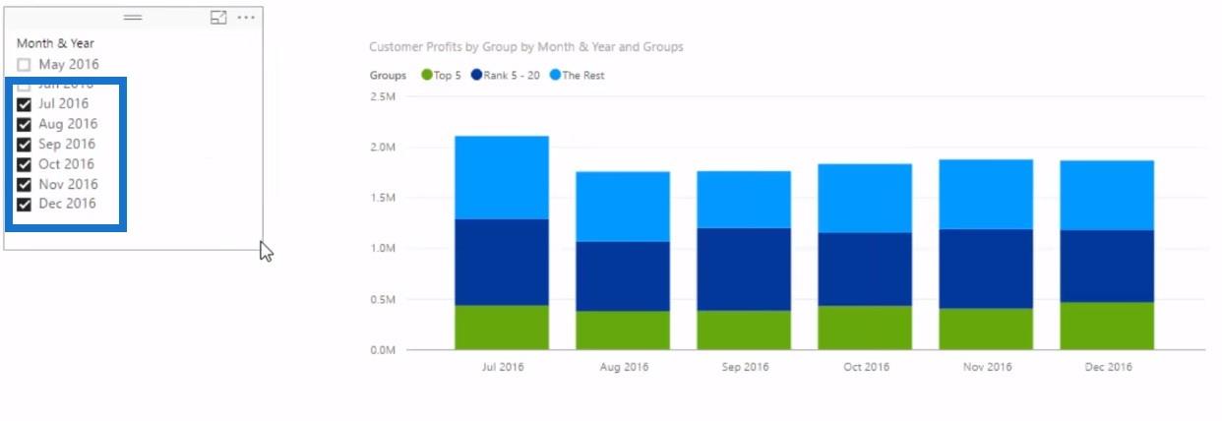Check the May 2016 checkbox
point(25,65)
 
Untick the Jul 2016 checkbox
point(25,104)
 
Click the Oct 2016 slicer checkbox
point(25,164)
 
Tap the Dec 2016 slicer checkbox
point(25,205)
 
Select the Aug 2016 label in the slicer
point(68,124)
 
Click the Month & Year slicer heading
point(55,43)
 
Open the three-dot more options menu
point(246,18)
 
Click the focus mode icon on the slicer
point(218,18)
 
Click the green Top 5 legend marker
point(426,75)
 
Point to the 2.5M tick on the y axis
point(383,96)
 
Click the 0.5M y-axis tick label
point(383,299)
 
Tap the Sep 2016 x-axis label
point(745,367)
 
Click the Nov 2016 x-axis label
point(987,367)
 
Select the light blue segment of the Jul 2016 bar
point(502,177)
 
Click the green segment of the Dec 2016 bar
point(1107,326)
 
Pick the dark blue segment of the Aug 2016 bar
point(623,276)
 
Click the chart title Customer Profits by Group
point(525,46)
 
